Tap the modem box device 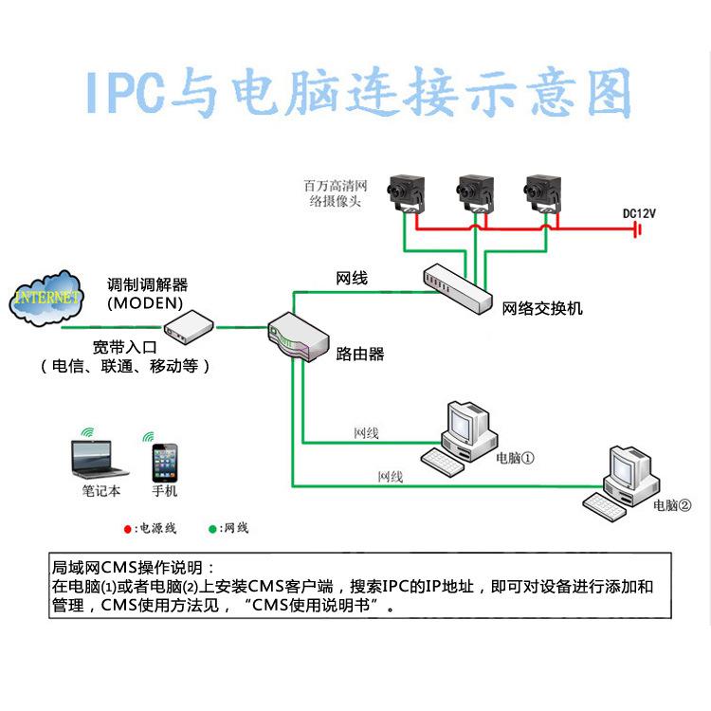[x=185, y=328]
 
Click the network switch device [x=458, y=288]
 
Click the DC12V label [x=639, y=213]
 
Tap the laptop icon [x=100, y=459]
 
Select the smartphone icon [x=165, y=464]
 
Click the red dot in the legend [x=128, y=528]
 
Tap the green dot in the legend [x=211, y=528]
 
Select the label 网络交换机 [x=542, y=309]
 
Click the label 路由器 [x=360, y=354]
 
